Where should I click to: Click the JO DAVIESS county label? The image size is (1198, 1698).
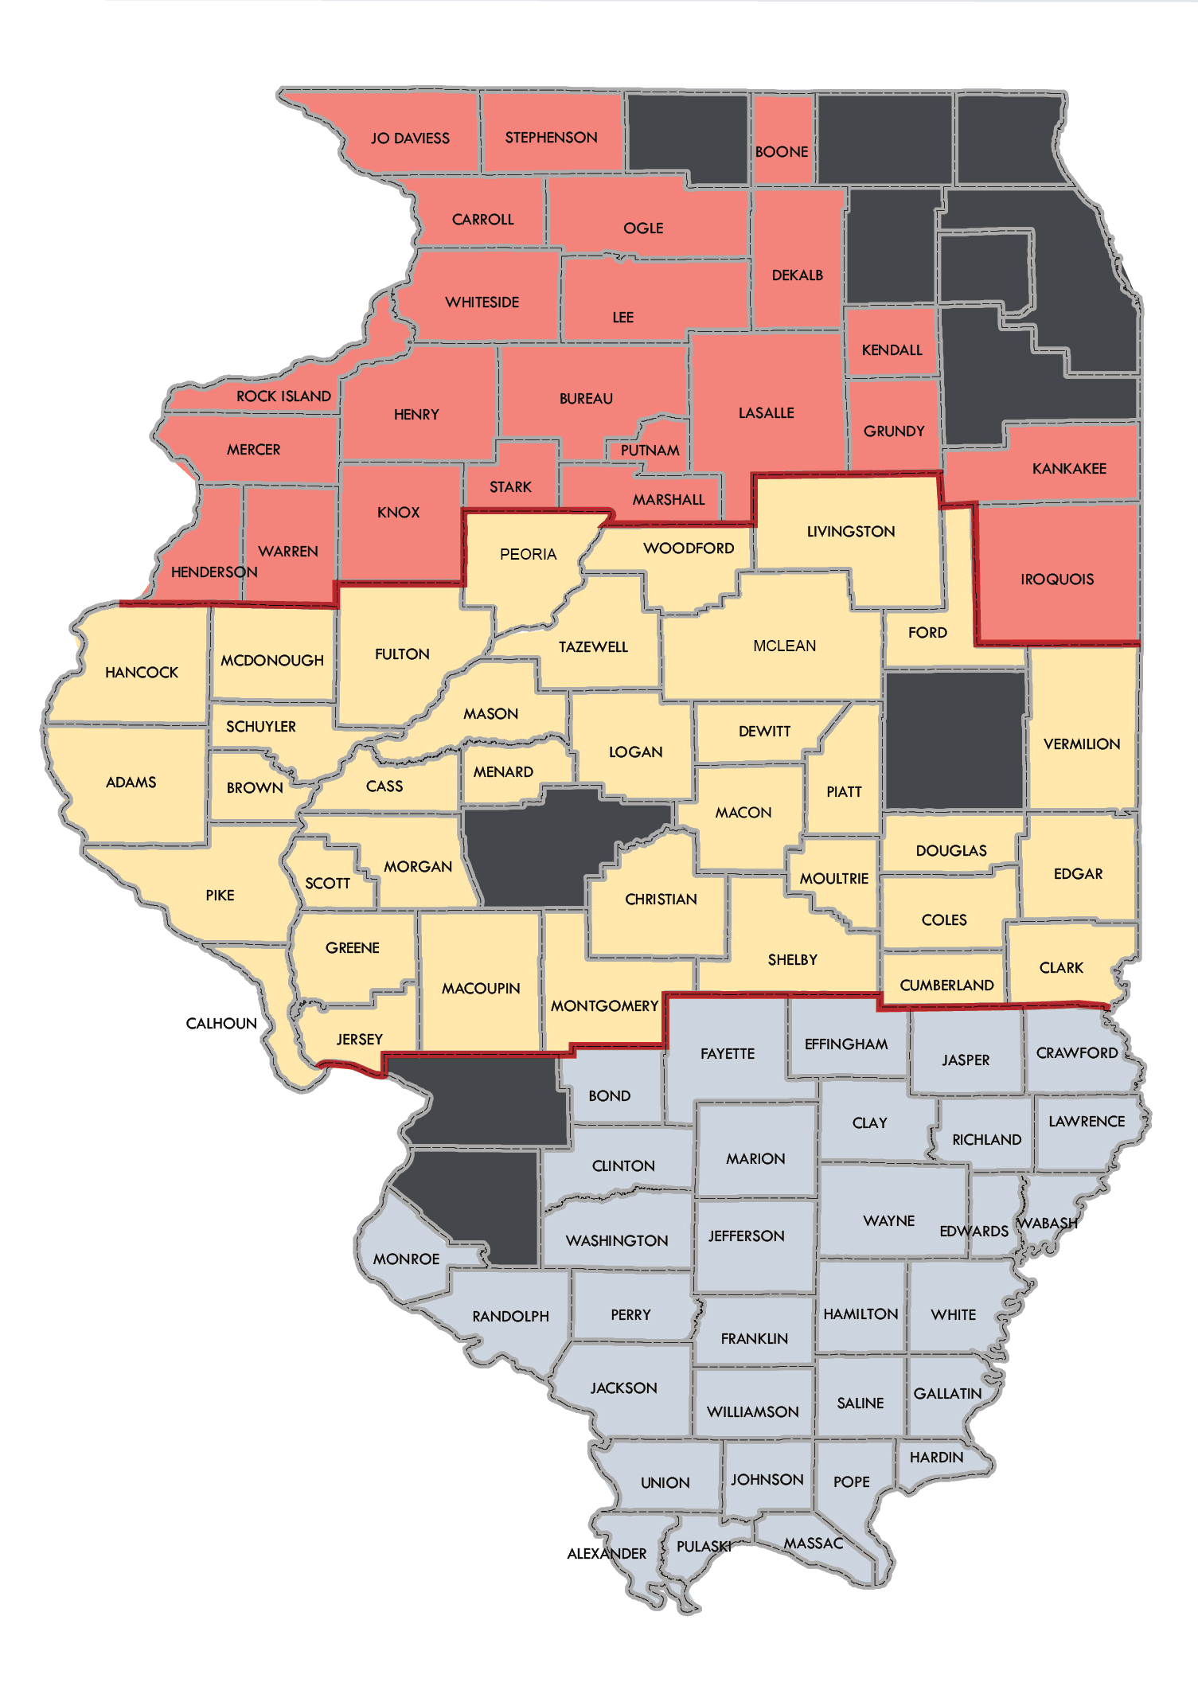coord(410,139)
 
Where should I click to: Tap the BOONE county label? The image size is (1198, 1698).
coord(782,152)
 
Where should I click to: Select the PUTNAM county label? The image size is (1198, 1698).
coord(650,451)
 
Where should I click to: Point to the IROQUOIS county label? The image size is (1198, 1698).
coord(1057,580)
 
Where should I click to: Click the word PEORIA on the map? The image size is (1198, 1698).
coord(528,555)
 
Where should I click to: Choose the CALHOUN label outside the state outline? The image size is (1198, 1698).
coord(221,1024)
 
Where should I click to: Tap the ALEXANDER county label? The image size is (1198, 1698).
coord(607,1554)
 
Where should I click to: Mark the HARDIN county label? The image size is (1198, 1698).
coord(936,1458)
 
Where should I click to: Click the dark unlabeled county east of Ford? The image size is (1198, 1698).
coord(954,740)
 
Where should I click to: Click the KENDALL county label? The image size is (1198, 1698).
coord(892,350)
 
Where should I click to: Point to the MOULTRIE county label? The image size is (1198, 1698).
coord(833,879)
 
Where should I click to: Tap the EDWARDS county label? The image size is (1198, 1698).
coord(974,1232)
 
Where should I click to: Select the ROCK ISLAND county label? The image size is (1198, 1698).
coord(283,396)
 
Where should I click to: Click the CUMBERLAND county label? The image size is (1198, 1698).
coord(946,986)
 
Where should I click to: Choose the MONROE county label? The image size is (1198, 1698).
coord(406,1259)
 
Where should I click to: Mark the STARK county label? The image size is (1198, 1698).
coord(510,487)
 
